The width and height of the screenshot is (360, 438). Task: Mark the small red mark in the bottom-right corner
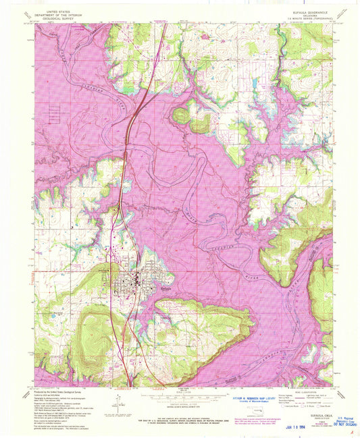tap(352, 433)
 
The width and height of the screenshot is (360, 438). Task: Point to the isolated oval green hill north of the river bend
tap(181, 115)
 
